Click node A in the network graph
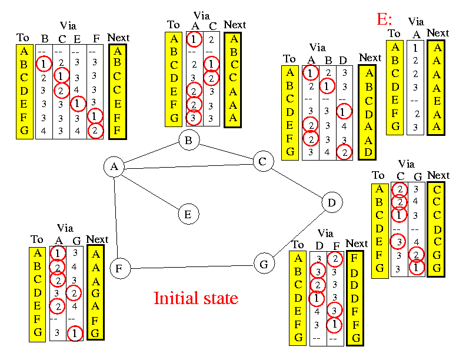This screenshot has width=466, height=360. click(x=114, y=167)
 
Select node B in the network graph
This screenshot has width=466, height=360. click(x=189, y=140)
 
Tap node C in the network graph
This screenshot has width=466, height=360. click(x=263, y=161)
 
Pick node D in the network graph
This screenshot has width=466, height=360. click(x=332, y=203)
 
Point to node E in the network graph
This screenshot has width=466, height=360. click(x=188, y=214)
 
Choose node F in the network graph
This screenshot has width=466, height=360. click(x=119, y=269)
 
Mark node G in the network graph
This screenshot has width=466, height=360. click(x=264, y=264)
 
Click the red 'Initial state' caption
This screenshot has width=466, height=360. click(x=195, y=298)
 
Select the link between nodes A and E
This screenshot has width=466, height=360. click(x=151, y=191)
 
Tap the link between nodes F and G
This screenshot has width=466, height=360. click(x=191, y=266)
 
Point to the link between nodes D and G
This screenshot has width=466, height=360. click(x=298, y=234)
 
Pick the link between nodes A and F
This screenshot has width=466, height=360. click(x=116, y=218)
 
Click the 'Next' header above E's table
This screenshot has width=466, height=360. click(x=438, y=33)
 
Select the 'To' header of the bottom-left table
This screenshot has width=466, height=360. click(x=37, y=239)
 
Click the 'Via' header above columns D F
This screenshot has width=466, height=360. click(x=325, y=234)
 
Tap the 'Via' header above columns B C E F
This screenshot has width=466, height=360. click(x=68, y=26)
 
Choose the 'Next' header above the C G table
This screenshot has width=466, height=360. click(x=438, y=175)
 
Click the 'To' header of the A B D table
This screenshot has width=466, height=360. click(x=289, y=59)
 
